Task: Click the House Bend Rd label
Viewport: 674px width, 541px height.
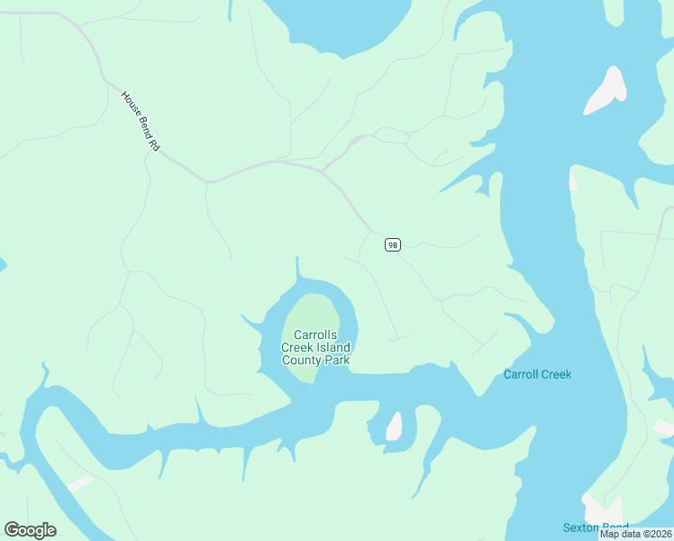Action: click(140, 120)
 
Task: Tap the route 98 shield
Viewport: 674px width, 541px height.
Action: click(392, 244)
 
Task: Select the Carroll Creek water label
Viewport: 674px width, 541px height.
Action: click(537, 374)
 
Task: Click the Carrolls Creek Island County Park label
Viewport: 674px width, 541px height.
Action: click(315, 347)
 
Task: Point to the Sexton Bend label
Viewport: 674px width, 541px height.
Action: click(596, 527)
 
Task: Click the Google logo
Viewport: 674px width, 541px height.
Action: click(30, 530)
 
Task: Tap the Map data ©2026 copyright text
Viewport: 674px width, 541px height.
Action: click(635, 534)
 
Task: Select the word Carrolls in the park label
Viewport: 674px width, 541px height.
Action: click(315, 335)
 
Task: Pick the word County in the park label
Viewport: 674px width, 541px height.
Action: click(304, 360)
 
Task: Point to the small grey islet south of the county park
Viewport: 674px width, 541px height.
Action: click(394, 426)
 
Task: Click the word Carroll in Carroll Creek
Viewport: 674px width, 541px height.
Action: click(520, 374)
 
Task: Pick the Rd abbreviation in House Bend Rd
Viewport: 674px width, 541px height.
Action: click(153, 142)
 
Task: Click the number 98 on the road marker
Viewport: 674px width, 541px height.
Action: click(392, 244)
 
